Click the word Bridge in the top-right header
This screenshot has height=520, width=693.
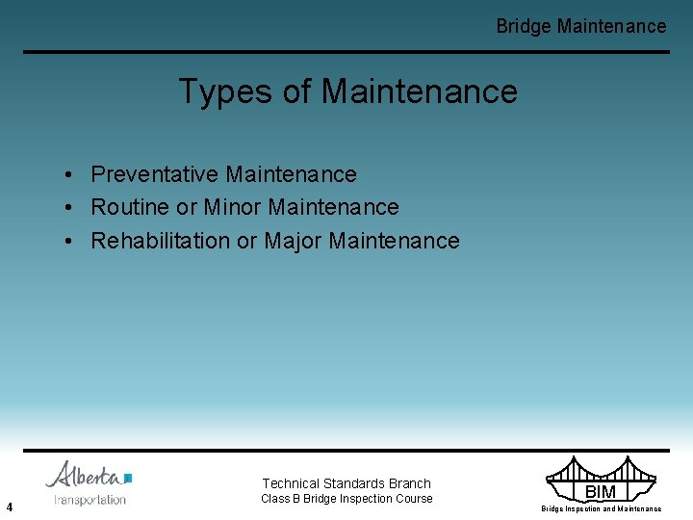pyautogui.click(x=524, y=26)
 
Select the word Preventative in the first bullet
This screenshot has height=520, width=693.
pyautogui.click(x=155, y=174)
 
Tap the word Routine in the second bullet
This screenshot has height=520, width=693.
pyautogui.click(x=130, y=207)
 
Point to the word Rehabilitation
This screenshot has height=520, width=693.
pyautogui.click(x=161, y=241)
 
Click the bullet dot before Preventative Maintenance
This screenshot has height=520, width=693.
pyautogui.click(x=71, y=175)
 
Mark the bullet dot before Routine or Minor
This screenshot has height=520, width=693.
pyautogui.click(x=71, y=208)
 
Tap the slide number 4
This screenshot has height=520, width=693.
pyautogui.click(x=9, y=507)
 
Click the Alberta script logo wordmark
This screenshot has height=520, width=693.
pyautogui.click(x=84, y=476)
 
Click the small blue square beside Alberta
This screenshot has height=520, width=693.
pyautogui.click(x=128, y=478)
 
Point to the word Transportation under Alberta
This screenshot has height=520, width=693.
pyautogui.click(x=90, y=500)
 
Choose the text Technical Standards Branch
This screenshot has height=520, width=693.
pyautogui.click(x=346, y=483)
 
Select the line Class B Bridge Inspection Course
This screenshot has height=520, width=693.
pyautogui.click(x=346, y=499)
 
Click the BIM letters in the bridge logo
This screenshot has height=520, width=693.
pyautogui.click(x=601, y=492)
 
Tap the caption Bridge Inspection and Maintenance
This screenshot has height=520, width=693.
pyautogui.click(x=601, y=508)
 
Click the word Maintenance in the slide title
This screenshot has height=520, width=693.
pyautogui.click(x=419, y=92)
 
